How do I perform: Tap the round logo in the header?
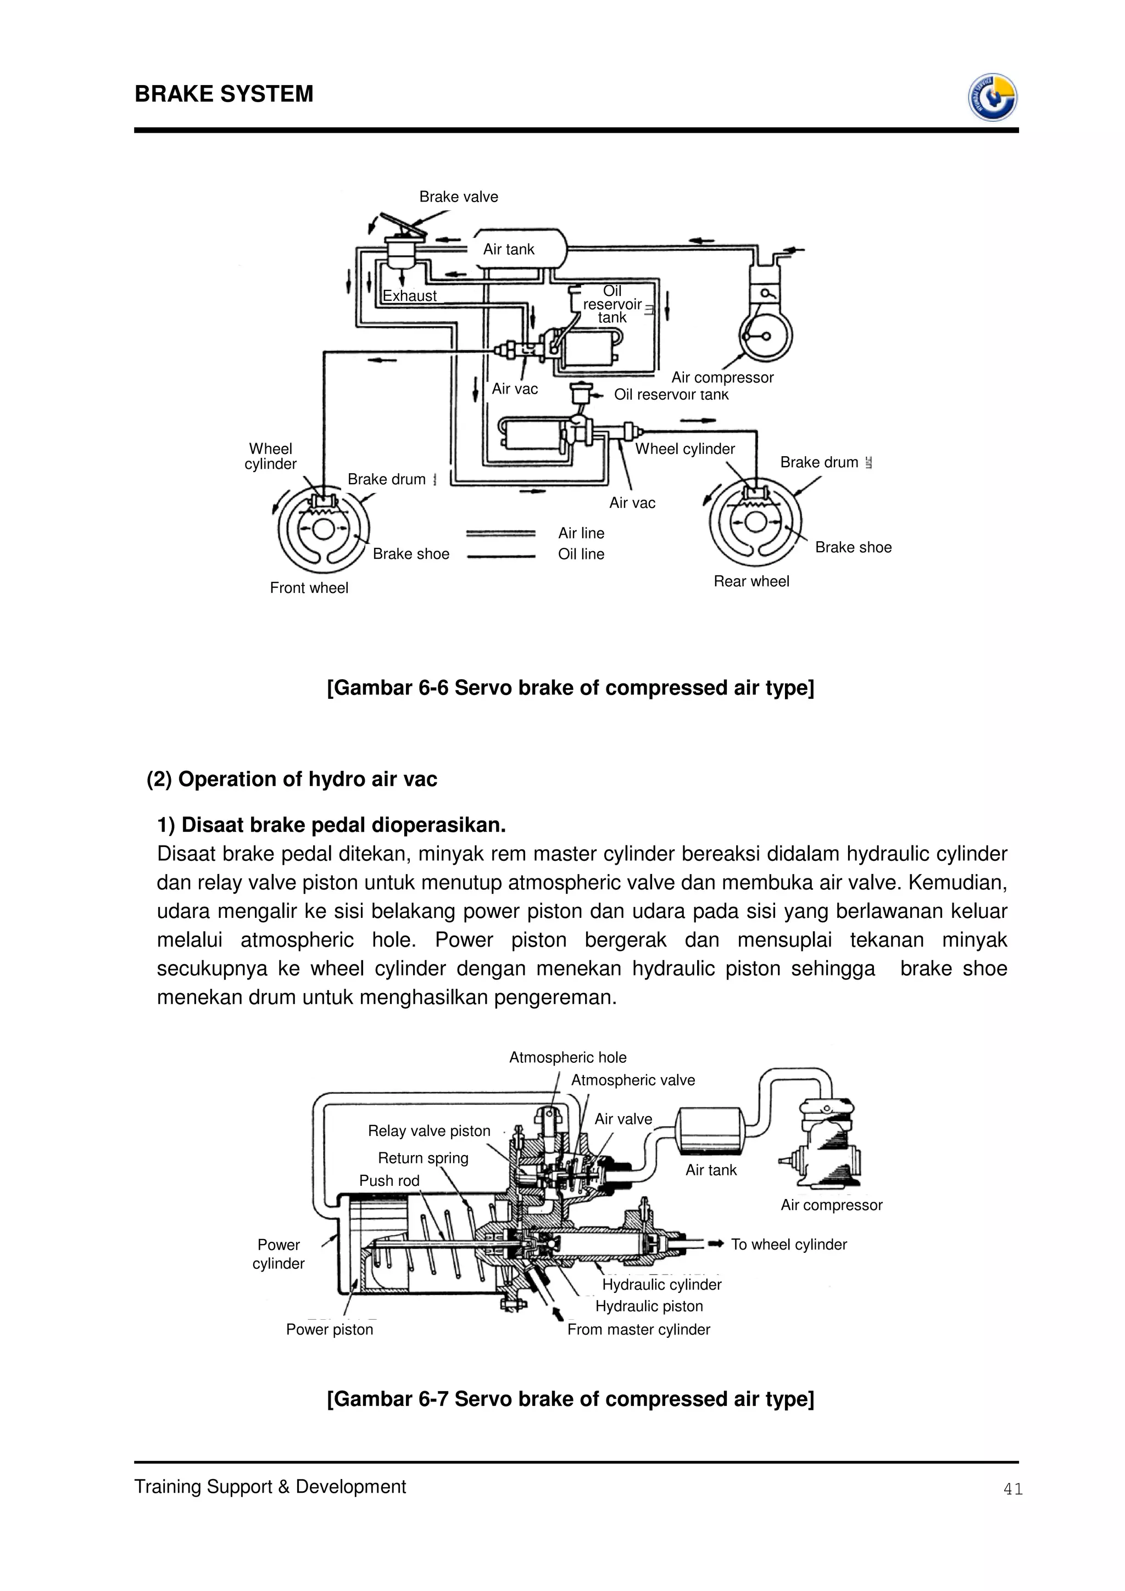pos(992,98)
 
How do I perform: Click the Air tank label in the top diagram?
pos(508,249)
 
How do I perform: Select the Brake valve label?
pos(458,197)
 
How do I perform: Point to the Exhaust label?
pos(410,296)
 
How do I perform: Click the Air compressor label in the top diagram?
pos(722,378)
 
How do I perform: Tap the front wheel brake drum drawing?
pos(323,529)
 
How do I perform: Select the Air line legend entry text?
pos(581,533)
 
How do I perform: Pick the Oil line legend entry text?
pos(581,554)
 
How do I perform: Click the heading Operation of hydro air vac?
pos(292,780)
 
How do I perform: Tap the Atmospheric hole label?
pos(567,1057)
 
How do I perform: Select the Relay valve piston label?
pos(428,1131)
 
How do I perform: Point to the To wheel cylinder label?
pos(788,1245)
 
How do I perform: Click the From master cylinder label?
pos(638,1329)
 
